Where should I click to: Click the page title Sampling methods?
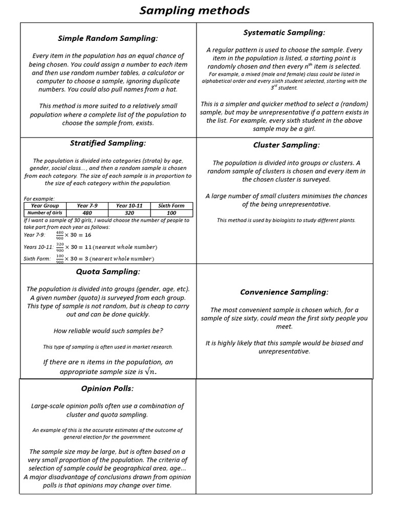click(x=195, y=10)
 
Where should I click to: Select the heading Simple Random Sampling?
click(x=108, y=38)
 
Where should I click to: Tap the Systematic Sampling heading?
click(x=284, y=33)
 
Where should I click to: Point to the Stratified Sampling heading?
click(x=108, y=143)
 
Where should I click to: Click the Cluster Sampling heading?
click(x=286, y=145)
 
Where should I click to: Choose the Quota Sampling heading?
click(x=108, y=271)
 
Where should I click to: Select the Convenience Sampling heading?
click(x=284, y=292)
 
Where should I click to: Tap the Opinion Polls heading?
click(x=107, y=388)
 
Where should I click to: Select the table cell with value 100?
click(x=171, y=213)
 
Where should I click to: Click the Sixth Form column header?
click(x=171, y=206)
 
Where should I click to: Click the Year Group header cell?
click(x=45, y=206)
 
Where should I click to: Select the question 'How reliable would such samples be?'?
click(x=108, y=331)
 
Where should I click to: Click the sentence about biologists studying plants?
click(x=286, y=220)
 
